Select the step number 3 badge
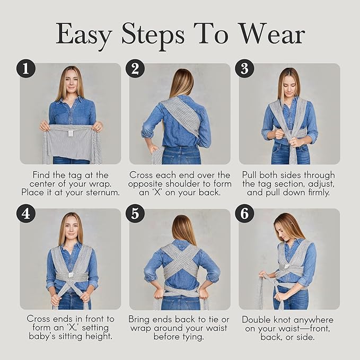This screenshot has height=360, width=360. (x=245, y=68)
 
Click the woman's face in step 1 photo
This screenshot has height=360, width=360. (x=71, y=81)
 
